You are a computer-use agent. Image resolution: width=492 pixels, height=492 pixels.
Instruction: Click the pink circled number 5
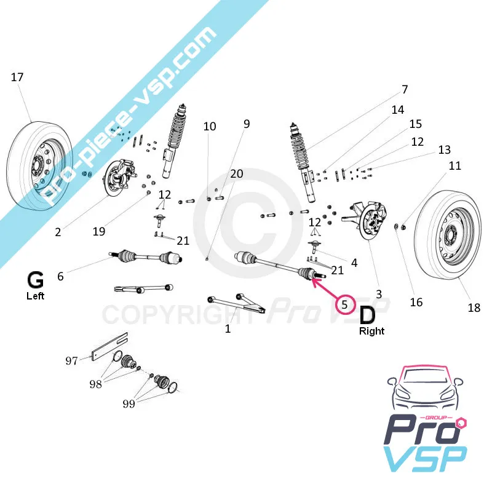345,303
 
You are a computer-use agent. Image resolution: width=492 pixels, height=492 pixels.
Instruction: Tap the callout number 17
17,77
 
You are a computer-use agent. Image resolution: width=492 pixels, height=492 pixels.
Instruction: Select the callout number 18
474,308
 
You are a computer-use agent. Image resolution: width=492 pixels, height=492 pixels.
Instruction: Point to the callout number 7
404,90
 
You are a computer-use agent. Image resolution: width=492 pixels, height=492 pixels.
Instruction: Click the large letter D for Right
367,315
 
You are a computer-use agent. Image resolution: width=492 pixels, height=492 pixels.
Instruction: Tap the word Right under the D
371,331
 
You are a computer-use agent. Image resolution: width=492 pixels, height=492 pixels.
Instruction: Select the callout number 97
72,360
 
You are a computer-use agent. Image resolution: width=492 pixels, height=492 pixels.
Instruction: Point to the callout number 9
247,124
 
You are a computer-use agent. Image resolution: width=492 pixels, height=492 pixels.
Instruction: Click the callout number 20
237,173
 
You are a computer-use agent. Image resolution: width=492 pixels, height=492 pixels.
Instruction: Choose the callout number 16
416,302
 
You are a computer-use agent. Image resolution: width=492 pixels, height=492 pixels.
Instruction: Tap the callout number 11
454,165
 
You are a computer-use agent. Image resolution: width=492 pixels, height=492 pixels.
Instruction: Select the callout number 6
60,277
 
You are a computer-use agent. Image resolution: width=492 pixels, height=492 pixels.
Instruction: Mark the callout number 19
99,231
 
